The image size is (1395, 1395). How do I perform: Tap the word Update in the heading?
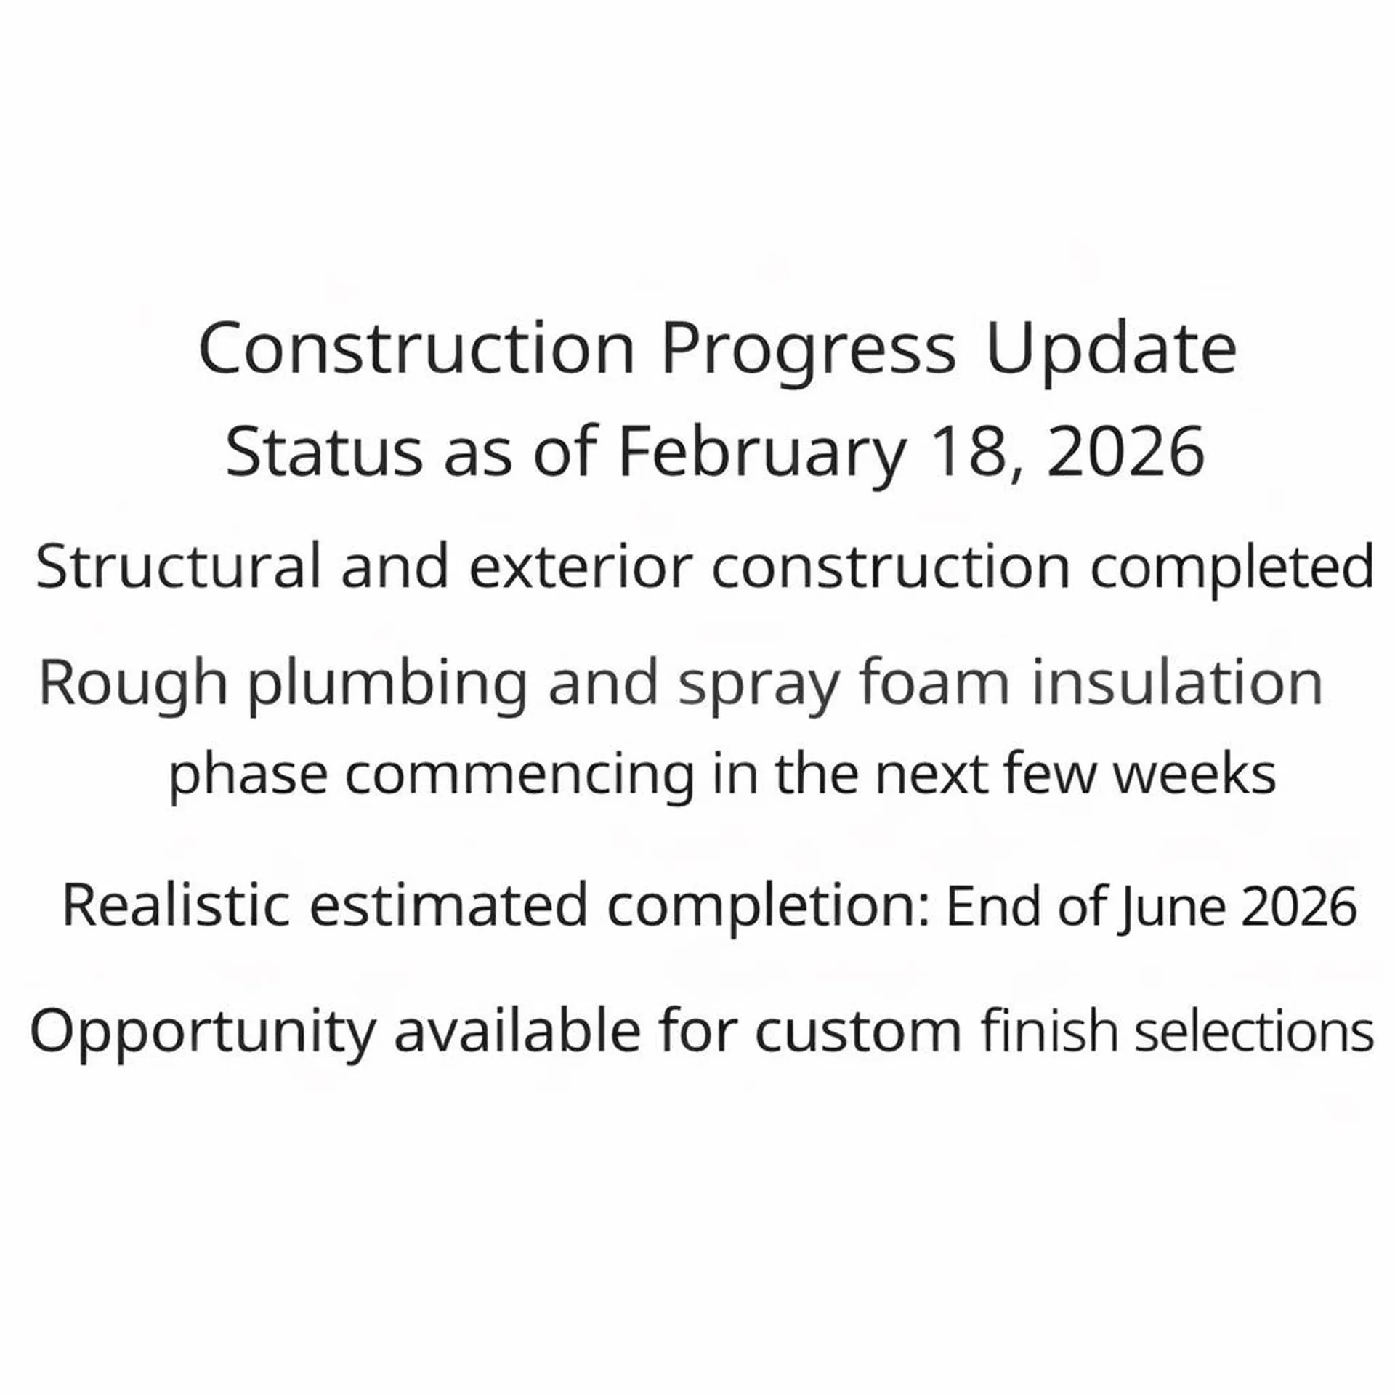pyautogui.click(x=1111, y=350)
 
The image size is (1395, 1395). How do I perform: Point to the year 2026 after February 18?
pyautogui.click(x=1125, y=452)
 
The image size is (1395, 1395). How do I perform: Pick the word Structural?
pyautogui.click(x=178, y=567)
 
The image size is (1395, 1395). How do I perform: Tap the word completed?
pyautogui.click(x=1232, y=567)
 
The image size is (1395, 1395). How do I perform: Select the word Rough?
pyautogui.click(x=133, y=683)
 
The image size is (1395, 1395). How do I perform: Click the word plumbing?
pyautogui.click(x=388, y=683)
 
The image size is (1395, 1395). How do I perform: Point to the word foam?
pyautogui.click(x=934, y=683)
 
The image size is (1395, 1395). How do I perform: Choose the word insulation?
pyautogui.click(x=1177, y=683)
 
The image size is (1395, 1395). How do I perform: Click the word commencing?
pyautogui.click(x=519, y=775)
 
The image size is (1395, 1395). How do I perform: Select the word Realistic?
pyautogui.click(x=176, y=905)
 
